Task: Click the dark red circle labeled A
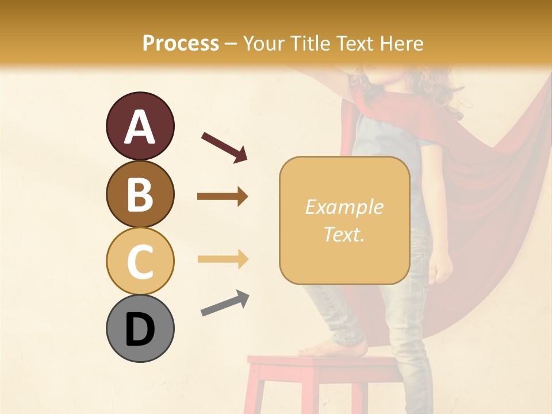click(140, 126)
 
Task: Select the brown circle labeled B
click(140, 194)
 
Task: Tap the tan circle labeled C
click(140, 262)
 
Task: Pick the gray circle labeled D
click(140, 329)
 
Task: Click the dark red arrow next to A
click(224, 147)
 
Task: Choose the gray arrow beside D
click(224, 304)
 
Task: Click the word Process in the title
click(181, 44)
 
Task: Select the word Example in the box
click(344, 208)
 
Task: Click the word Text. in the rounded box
click(344, 235)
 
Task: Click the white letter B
click(140, 194)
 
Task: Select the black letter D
click(140, 329)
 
